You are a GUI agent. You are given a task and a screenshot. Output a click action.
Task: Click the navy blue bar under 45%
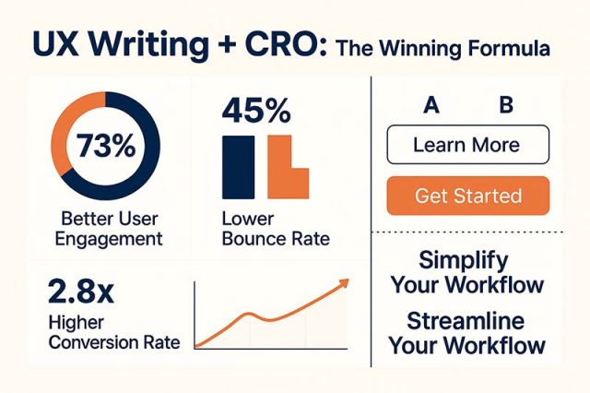[x=237, y=167]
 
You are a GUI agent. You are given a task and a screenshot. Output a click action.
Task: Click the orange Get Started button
[x=467, y=196]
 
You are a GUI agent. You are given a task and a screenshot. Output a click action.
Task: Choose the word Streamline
[x=466, y=322]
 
